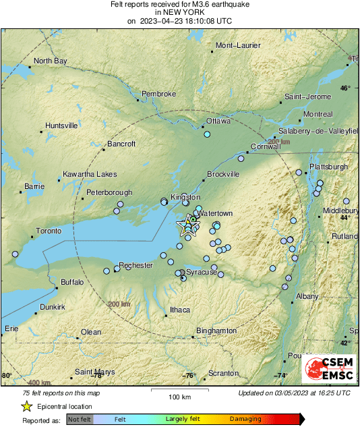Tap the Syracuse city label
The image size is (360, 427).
[202, 272]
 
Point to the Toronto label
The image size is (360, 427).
[49, 231]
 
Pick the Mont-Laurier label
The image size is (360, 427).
[237, 46]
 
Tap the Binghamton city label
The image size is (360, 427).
[216, 331]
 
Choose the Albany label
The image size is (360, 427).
[307, 296]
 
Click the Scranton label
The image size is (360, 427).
[223, 373]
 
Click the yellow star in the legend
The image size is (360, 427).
[26, 406]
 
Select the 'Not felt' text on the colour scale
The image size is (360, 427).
[79, 419]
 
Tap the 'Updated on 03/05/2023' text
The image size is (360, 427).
[294, 393]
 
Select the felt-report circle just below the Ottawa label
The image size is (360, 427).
[208, 134]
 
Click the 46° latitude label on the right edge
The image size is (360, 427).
[345, 88]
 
